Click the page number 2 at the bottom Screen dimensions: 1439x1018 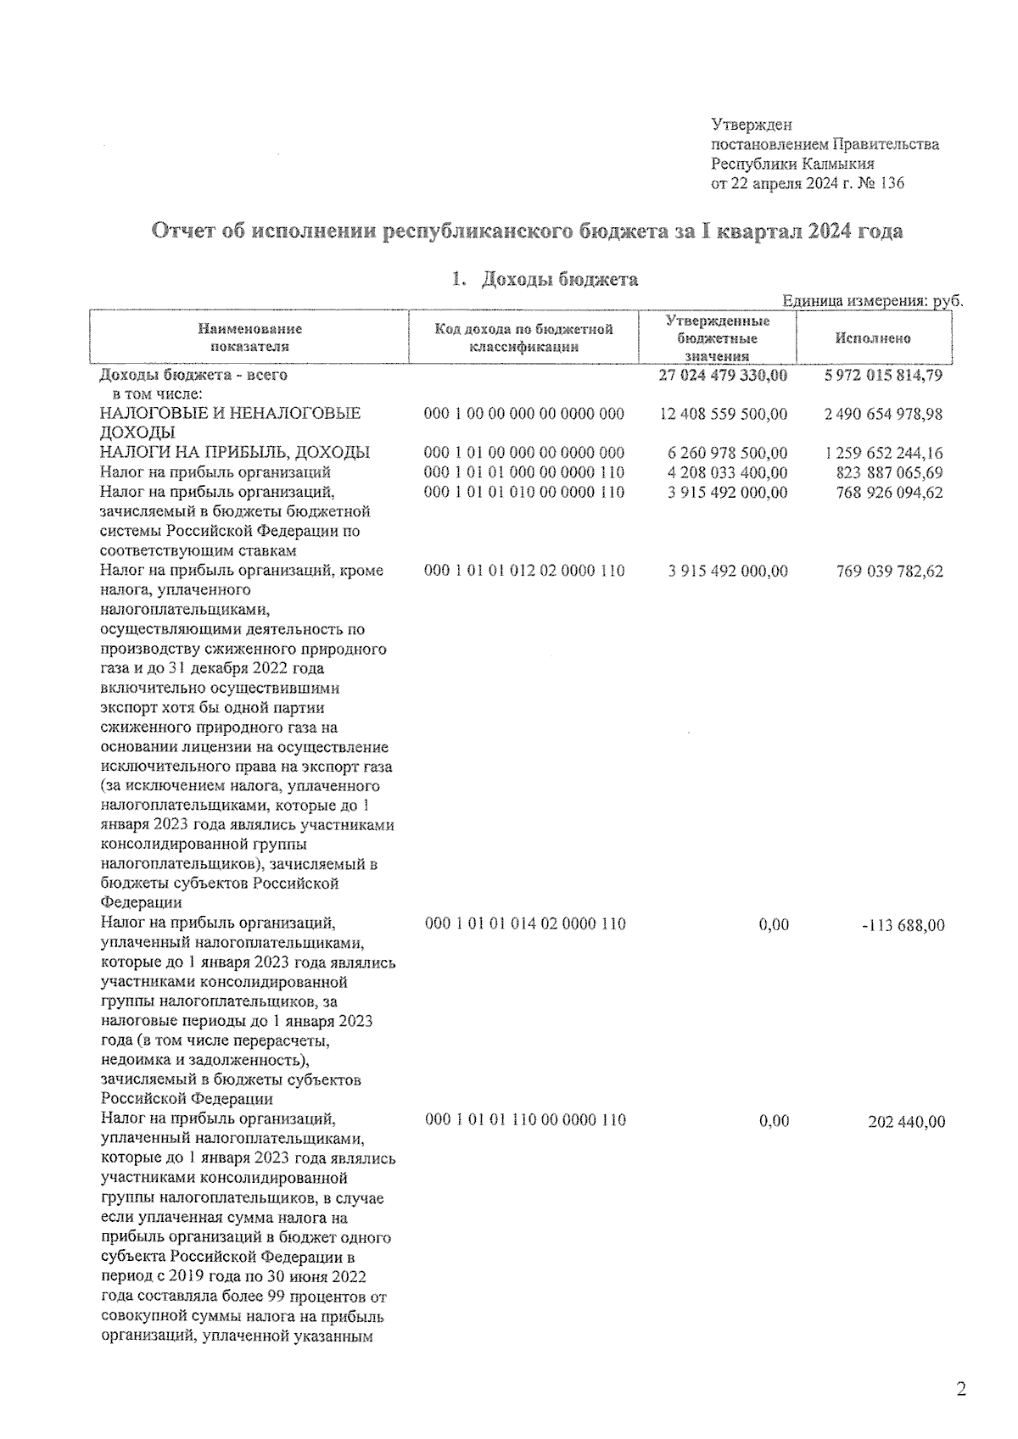pyautogui.click(x=960, y=1389)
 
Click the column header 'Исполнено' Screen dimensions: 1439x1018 pyautogui.click(x=872, y=338)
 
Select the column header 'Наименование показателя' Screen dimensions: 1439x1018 pyautogui.click(x=249, y=337)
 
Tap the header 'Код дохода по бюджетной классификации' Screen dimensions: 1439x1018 pyautogui.click(x=523, y=337)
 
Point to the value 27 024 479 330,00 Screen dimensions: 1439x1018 pyautogui.click(x=723, y=374)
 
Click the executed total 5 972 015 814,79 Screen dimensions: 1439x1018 pyautogui.click(x=882, y=374)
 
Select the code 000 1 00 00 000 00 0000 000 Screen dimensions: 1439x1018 pyautogui.click(x=523, y=414)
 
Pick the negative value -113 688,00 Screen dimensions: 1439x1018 pyautogui.click(x=902, y=924)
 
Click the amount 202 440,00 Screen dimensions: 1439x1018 pyautogui.click(x=906, y=1121)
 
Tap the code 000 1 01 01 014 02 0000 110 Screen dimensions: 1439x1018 pyautogui.click(x=524, y=923)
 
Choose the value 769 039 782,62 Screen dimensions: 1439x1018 pyautogui.click(x=889, y=571)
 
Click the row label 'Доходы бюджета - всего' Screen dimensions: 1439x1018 pyautogui.click(x=193, y=374)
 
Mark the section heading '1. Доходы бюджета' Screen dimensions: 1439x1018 pyautogui.click(x=545, y=279)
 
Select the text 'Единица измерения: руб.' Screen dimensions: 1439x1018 pyautogui.click(x=872, y=301)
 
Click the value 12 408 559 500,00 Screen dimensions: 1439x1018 pyautogui.click(x=723, y=414)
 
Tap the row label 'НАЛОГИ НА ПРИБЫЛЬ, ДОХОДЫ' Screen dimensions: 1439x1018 pyautogui.click(x=235, y=453)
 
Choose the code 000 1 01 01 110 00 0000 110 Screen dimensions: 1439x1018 pyautogui.click(x=524, y=1120)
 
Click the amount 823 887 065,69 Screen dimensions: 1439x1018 pyautogui.click(x=889, y=472)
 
